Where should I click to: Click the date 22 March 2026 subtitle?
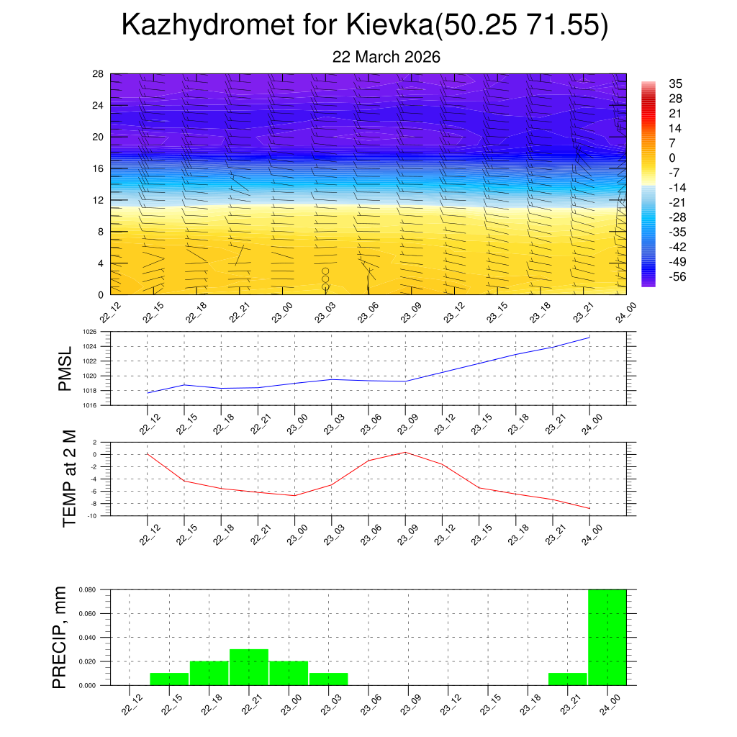[386, 57]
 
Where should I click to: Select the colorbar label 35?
[675, 83]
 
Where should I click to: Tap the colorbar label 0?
[672, 158]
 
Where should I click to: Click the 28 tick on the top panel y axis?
[98, 73]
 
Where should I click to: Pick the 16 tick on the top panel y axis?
[98, 168]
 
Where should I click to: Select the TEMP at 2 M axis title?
[69, 478]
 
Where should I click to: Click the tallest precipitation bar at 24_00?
[607, 637]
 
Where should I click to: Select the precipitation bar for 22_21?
[249, 667]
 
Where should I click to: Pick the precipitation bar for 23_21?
[567, 679]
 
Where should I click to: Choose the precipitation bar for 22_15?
[169, 679]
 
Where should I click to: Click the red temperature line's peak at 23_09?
[405, 452]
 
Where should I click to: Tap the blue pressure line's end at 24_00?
[590, 337]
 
